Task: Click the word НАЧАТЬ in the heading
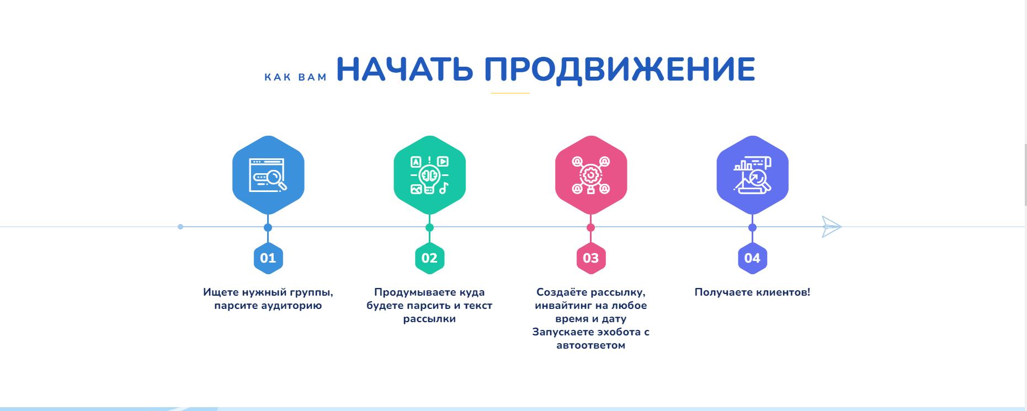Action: click(405, 69)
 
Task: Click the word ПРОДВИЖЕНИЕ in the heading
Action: click(620, 69)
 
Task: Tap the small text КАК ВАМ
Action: click(296, 77)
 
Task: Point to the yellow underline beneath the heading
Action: click(510, 93)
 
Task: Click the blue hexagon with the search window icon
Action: click(268, 175)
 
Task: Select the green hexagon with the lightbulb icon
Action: click(429, 175)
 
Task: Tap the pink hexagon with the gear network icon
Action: click(591, 175)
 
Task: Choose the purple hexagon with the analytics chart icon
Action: click(752, 175)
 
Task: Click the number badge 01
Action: click(268, 258)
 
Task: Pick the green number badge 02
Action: click(429, 258)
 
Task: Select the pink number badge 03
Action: click(591, 258)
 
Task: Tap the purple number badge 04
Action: click(752, 258)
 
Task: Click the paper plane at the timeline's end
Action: click(831, 227)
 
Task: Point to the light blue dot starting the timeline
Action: click(180, 227)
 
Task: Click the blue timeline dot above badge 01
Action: click(268, 227)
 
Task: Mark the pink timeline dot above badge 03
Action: click(591, 227)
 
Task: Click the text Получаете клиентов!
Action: click(752, 292)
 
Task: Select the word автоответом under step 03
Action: click(591, 346)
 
